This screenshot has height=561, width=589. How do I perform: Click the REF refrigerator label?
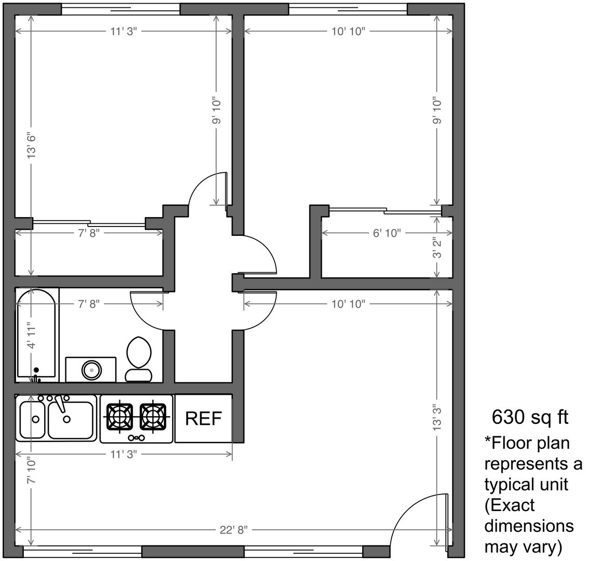pos(203,418)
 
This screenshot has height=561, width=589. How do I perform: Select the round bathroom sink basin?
pos(92,370)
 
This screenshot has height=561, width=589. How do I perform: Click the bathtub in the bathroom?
pos(37,335)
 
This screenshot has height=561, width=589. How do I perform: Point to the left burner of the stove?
pos(120,417)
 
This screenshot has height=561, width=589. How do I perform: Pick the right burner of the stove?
pos(153,417)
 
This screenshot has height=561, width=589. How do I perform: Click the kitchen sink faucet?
pos(60,403)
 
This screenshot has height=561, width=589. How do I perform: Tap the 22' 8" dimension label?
pos(234,530)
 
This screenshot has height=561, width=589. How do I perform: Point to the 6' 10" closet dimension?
pos(387,233)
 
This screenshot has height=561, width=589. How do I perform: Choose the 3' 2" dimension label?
pos(436,247)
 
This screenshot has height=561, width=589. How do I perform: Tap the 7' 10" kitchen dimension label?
pos(32,470)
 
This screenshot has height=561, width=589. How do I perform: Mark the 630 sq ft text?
pos(530,417)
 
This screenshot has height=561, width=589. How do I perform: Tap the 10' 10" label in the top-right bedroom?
pos(348,31)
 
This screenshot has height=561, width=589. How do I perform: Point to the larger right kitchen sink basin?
pos(71,420)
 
